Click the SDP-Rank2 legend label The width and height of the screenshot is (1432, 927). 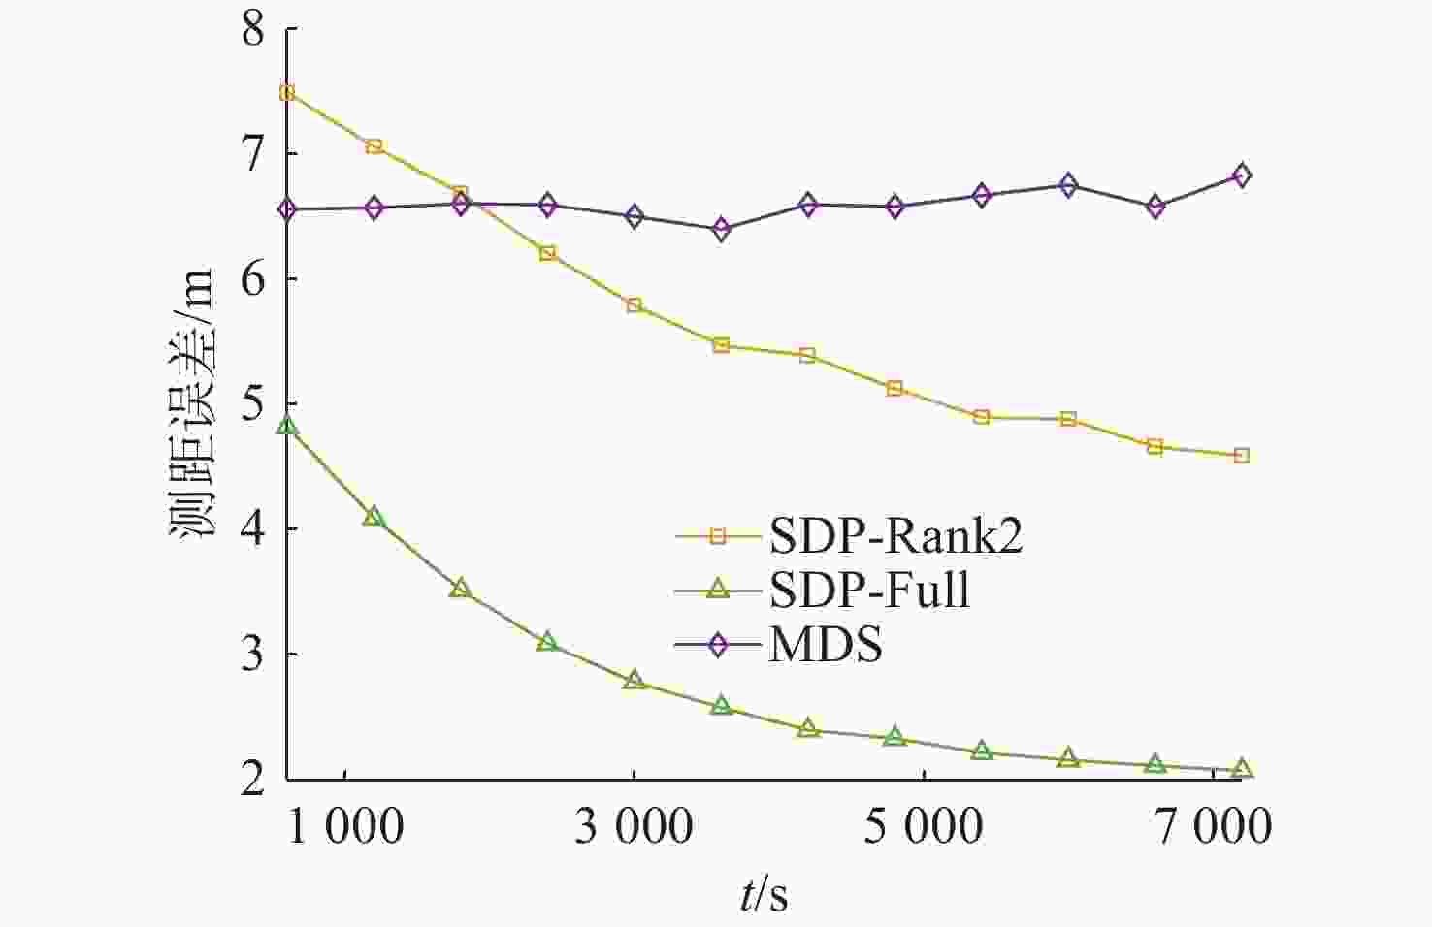895,535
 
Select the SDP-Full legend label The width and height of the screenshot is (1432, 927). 869,590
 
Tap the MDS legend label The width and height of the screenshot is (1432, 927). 826,645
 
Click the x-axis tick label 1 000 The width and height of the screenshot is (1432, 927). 345,827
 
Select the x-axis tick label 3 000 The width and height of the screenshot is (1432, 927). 634,827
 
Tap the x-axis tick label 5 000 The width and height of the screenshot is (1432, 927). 923,827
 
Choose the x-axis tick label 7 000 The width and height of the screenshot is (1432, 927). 1212,827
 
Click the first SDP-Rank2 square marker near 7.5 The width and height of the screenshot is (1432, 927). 287,93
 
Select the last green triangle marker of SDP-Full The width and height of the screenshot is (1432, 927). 1242,770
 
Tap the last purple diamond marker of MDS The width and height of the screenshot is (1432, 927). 1242,176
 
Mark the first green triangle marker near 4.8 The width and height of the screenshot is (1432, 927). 287,426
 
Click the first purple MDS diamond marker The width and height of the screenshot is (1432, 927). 287,209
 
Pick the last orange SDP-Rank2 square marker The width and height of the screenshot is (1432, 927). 1242,456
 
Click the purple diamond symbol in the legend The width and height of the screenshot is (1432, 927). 718,645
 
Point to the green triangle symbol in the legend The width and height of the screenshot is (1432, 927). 718,589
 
